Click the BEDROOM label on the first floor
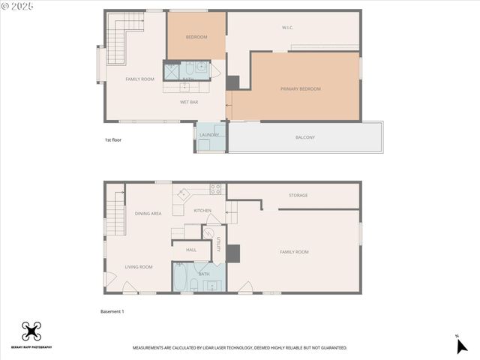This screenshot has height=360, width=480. coord(196,37)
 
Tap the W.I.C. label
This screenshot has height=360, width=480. coord(287,28)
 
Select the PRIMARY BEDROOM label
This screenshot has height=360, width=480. coord(300,89)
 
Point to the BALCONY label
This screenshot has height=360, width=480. coord(304,137)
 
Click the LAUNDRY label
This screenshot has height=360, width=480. coord(209,135)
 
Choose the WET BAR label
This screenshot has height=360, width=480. coord(189,101)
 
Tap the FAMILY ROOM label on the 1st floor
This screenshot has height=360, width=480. coord(139,79)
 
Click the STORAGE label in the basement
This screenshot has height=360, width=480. coord(298,196)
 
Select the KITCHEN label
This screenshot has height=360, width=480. coord(202,211)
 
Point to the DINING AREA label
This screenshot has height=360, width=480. coord(148,214)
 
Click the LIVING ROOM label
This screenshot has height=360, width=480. coord(139,267)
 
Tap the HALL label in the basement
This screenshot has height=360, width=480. coord(191,250)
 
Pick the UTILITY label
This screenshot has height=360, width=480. coord(218,244)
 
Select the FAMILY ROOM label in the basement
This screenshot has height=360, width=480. coord(294,252)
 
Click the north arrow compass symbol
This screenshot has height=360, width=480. coord(461,345)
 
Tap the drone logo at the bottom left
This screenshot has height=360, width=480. coord(31,331)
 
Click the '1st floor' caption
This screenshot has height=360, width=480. coord(113,140)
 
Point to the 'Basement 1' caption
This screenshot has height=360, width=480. coord(112,311)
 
